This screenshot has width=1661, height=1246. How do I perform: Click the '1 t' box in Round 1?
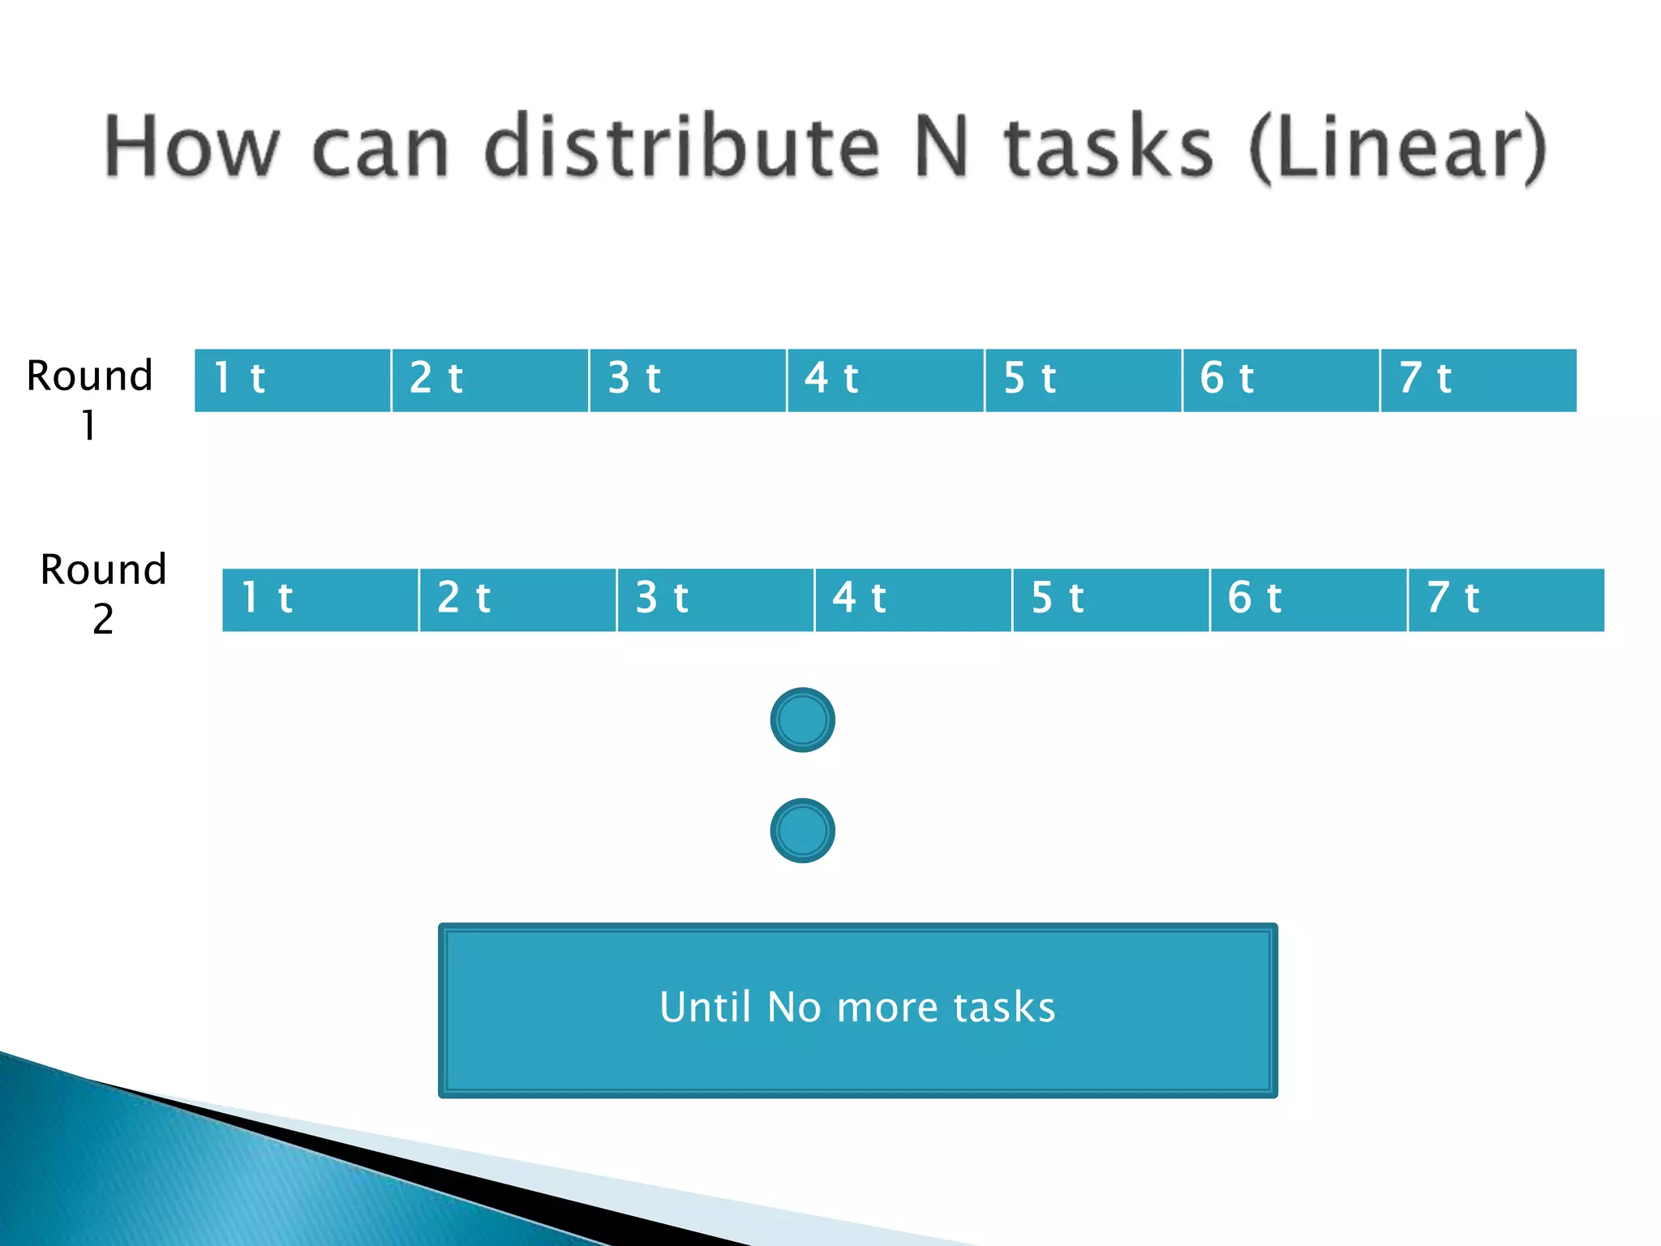tap(293, 380)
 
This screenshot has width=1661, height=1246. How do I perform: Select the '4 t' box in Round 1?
tap(885, 380)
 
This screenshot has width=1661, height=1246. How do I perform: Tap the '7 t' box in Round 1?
tap(1478, 380)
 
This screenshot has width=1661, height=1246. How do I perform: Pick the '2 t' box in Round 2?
tap(517, 599)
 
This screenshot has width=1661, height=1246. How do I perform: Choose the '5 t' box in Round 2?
tap(1110, 599)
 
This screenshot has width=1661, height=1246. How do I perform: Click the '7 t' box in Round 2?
tap(1506, 599)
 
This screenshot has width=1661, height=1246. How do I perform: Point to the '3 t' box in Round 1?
tap(688, 380)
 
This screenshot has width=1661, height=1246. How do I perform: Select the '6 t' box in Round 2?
tap(1308, 599)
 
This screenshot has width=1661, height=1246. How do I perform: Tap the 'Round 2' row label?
tap(103, 593)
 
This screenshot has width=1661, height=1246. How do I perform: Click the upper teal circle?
tap(802, 720)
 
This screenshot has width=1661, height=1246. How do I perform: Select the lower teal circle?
tap(802, 830)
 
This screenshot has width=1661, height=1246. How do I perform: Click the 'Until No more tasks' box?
tap(857, 1009)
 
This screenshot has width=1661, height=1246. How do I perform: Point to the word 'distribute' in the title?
tap(681, 146)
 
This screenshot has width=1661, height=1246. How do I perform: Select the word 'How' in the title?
tap(191, 146)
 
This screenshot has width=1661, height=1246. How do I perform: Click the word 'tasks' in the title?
tap(1109, 146)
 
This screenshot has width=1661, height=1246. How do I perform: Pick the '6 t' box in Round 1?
tap(1281, 380)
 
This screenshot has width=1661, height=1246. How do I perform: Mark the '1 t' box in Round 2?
tap(320, 599)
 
